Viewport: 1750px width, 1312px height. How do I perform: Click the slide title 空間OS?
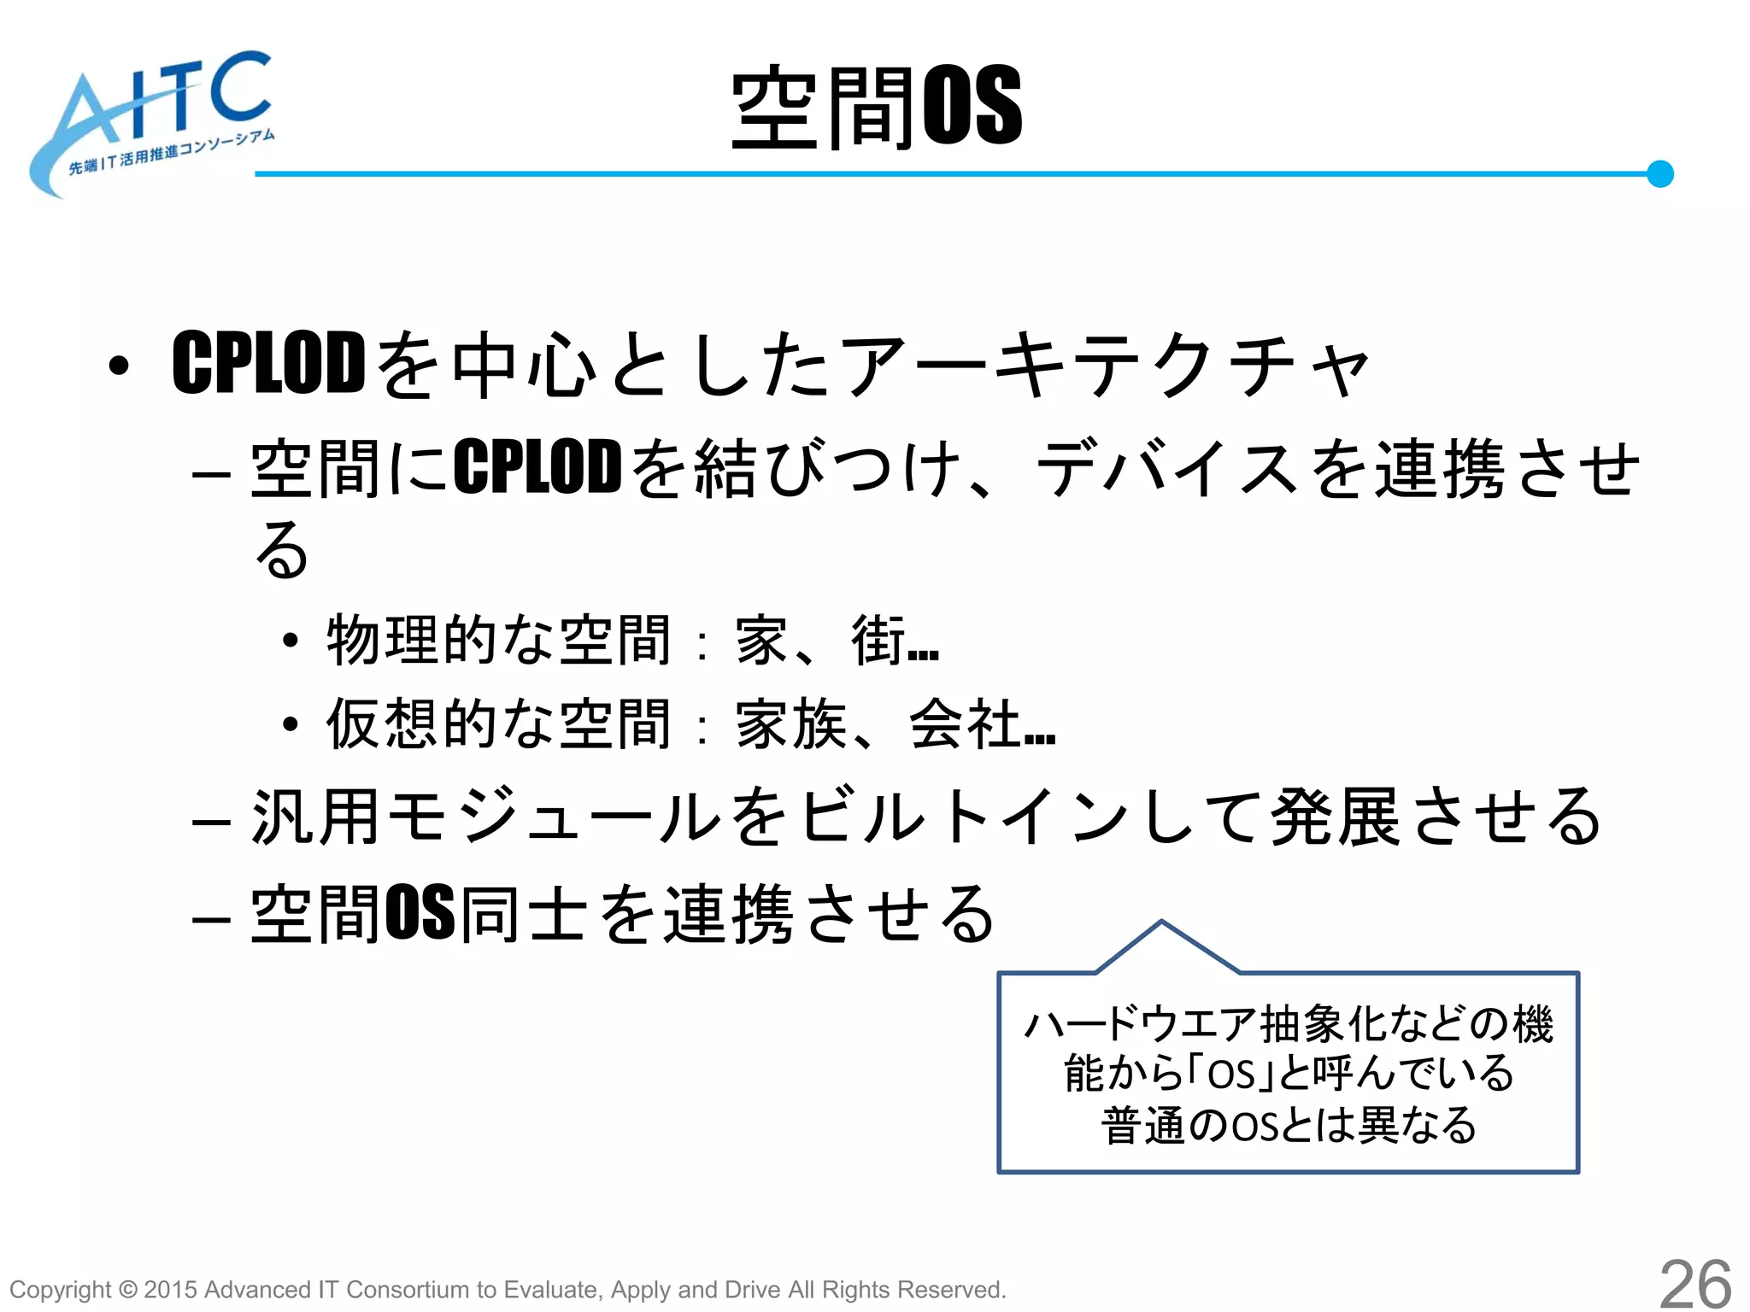(877, 108)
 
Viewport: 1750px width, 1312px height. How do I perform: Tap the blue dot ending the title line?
(1659, 173)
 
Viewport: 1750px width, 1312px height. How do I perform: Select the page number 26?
(1695, 1284)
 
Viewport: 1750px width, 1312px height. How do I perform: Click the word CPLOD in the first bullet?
(269, 364)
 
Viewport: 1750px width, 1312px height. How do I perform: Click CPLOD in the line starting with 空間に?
(537, 467)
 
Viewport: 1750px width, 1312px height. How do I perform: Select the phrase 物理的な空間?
(499, 640)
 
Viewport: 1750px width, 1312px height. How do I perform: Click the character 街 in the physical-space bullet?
(878, 640)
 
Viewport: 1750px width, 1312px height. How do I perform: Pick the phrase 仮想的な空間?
(499, 723)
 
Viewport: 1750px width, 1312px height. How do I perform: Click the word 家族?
(791, 723)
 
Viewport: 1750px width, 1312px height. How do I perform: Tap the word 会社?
(966, 723)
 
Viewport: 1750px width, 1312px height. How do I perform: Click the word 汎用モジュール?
(488, 817)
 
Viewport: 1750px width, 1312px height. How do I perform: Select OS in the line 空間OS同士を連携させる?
(420, 913)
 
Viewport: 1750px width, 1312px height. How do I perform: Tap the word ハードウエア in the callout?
(1141, 1024)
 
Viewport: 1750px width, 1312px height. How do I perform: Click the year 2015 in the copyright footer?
(171, 1290)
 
